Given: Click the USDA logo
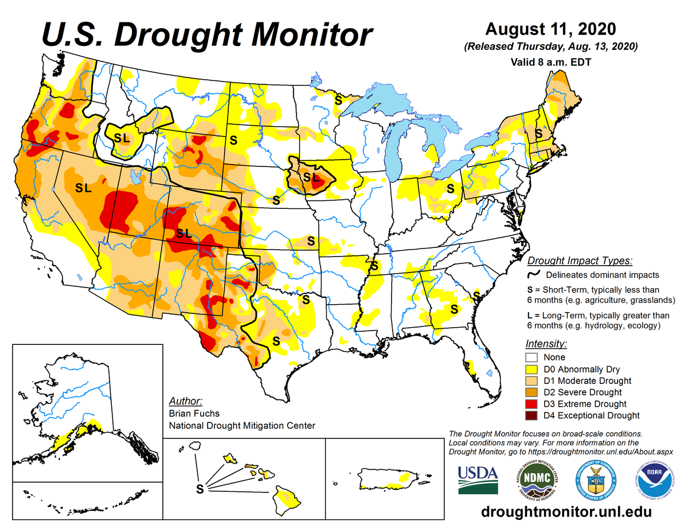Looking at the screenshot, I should coord(478,479).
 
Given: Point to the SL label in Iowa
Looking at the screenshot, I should coord(310,177).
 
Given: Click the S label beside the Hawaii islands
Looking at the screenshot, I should coord(200,489).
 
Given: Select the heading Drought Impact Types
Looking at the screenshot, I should coord(580,261).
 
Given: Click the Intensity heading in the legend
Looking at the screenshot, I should coord(546,344).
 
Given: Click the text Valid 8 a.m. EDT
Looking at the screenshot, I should coord(550,60).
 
